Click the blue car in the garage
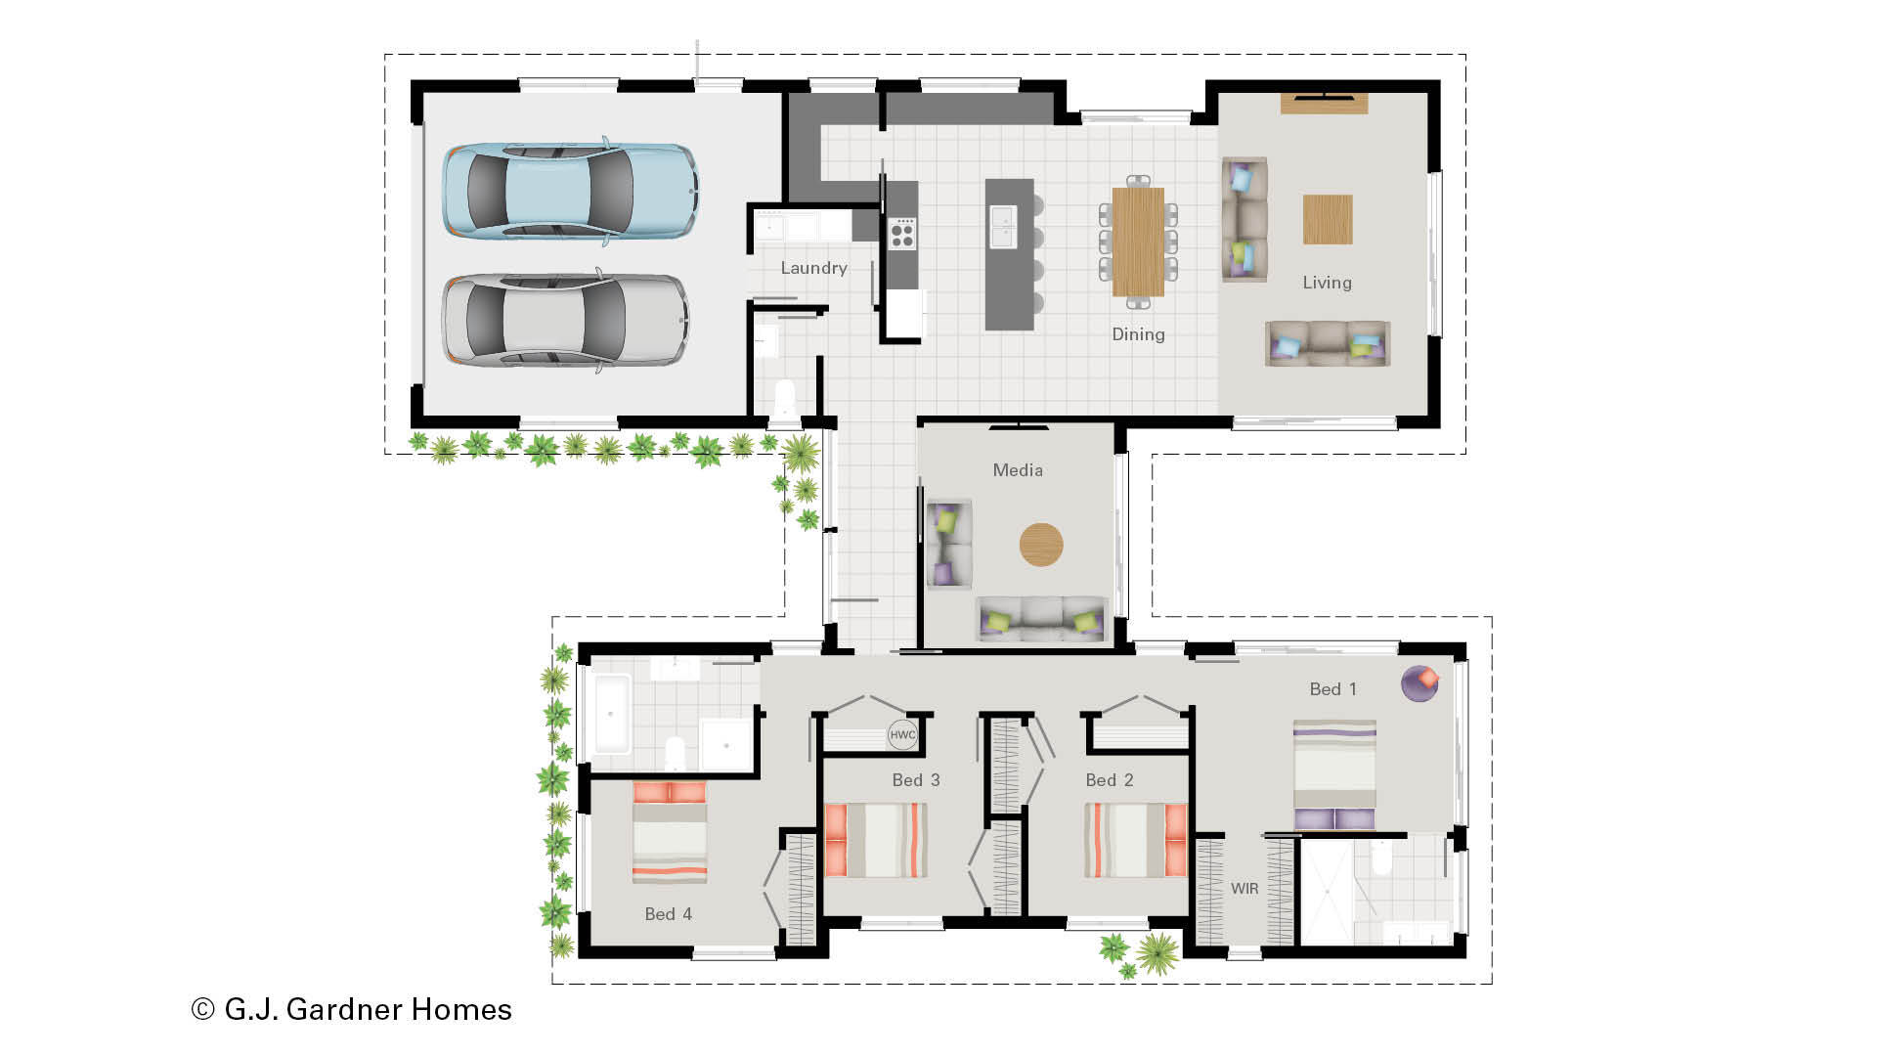coord(570,191)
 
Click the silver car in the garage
coord(565,321)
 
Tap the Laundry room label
coord(813,268)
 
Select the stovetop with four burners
coord(902,235)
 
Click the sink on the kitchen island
coord(1003,227)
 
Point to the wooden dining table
coord(1138,242)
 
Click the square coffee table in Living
coord(1328,219)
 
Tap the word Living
coord(1327,283)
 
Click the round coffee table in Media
coord(1041,545)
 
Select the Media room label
coord(1018,470)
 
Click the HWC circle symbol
coord(902,735)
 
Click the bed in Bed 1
coord(1334,775)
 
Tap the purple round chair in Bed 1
coord(1419,683)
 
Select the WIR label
coord(1244,889)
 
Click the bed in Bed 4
coord(670,832)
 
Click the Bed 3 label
coord(915,780)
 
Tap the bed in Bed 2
coord(1136,840)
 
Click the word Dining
coord(1138,334)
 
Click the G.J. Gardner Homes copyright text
coord(352,1009)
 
